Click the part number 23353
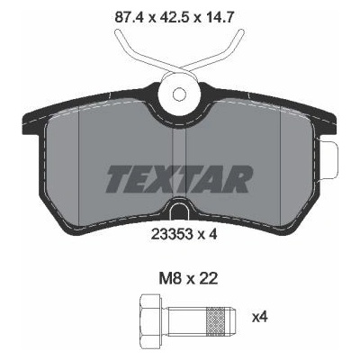pyautogui.click(x=172, y=234)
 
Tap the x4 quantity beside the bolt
pyautogui.click(x=259, y=317)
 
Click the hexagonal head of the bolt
pyautogui.click(x=151, y=317)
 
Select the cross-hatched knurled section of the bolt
pyautogui.click(x=215, y=317)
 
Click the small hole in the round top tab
pyautogui.click(x=180, y=94)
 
